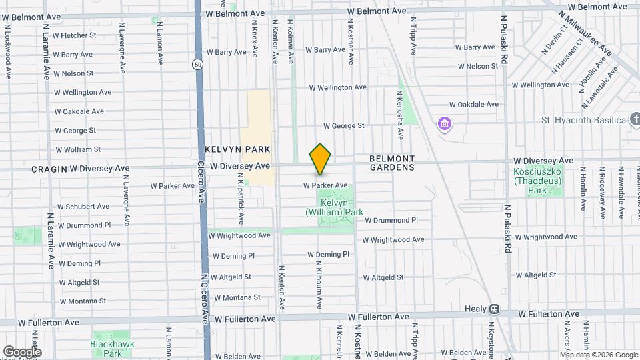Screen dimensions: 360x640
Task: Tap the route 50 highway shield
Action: point(198,65)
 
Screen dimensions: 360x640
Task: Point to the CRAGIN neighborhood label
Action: point(49,169)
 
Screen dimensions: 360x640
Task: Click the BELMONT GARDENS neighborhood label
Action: point(392,163)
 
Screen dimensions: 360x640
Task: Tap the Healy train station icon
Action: point(494,309)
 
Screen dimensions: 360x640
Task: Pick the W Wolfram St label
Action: point(78,149)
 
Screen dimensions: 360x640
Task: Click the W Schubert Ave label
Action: point(83,207)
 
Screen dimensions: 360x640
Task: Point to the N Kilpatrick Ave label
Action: point(241,198)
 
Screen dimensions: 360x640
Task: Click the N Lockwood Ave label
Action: point(8,52)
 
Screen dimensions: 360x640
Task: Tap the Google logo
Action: point(22,352)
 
